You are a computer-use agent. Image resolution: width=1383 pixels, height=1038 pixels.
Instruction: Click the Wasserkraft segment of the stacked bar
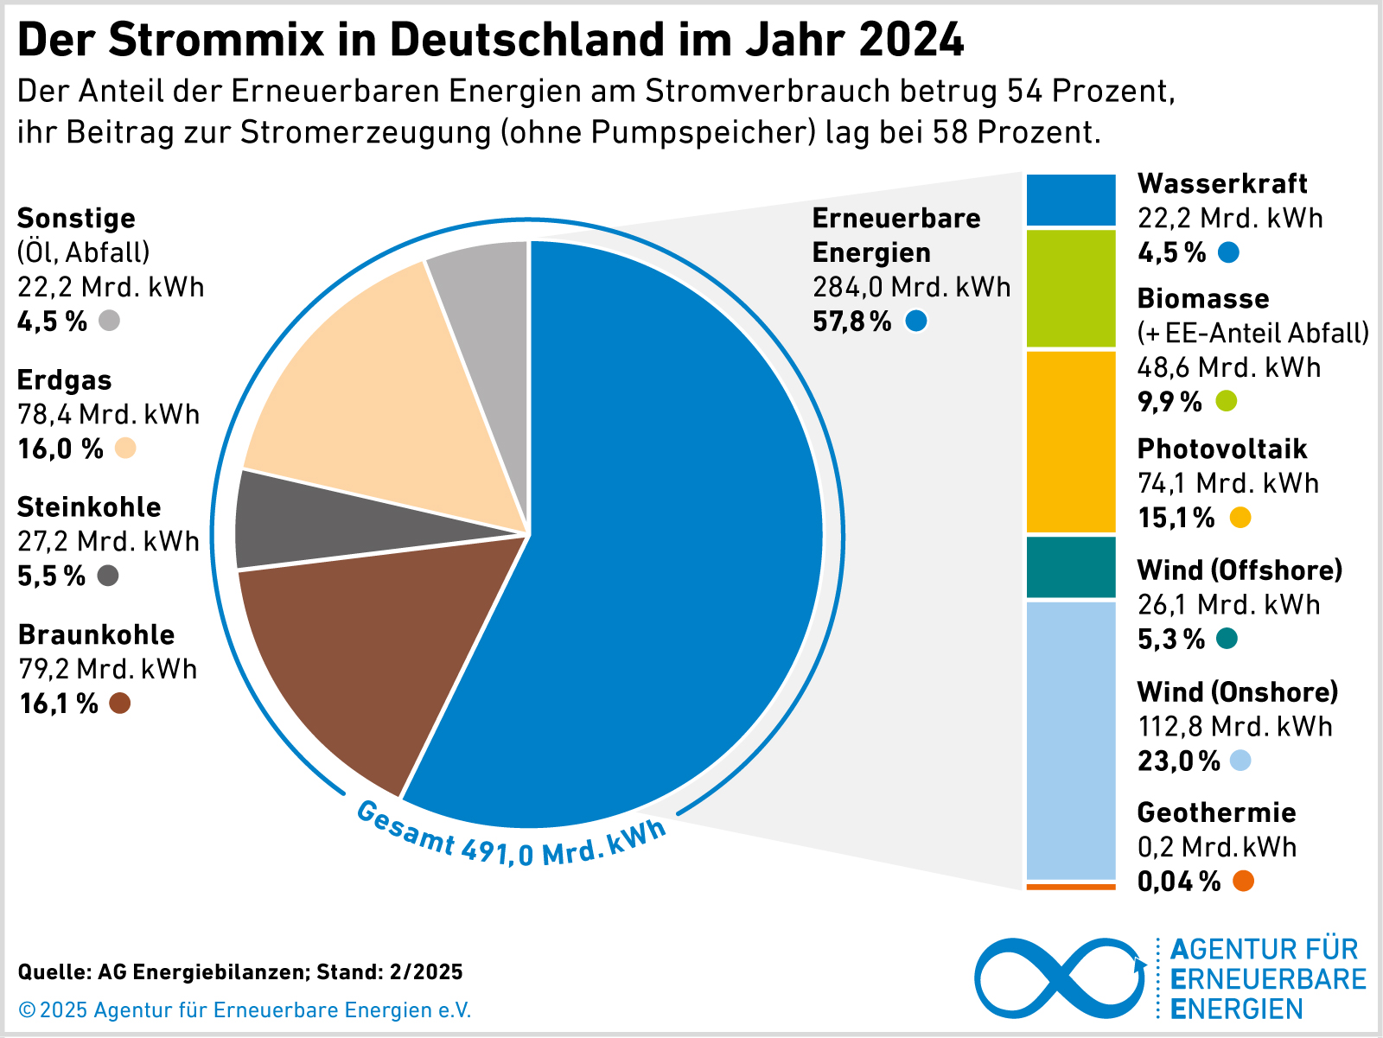coord(1071,200)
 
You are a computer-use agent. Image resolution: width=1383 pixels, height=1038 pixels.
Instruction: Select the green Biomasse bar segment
coord(1071,289)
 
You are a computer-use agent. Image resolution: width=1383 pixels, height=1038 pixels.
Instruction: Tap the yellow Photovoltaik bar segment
coord(1071,442)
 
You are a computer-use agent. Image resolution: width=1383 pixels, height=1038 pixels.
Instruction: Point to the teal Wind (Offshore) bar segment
coord(1071,567)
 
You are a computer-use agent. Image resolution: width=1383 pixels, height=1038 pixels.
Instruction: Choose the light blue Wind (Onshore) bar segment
coord(1071,740)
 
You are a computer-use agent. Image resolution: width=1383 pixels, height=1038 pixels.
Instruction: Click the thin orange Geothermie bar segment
coord(1071,887)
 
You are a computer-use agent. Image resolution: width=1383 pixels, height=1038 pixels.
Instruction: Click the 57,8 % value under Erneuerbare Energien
coord(852,322)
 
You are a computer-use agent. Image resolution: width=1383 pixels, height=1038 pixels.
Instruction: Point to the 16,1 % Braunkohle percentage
coord(59,704)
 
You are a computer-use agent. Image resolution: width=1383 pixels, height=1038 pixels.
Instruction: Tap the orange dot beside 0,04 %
coord(1243,882)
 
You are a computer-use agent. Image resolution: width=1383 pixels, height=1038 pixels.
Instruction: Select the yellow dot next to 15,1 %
coord(1240,518)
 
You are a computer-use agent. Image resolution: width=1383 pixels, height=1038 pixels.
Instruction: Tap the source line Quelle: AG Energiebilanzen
coord(240,971)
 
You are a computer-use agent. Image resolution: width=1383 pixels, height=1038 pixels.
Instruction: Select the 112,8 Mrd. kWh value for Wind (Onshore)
coord(1234,726)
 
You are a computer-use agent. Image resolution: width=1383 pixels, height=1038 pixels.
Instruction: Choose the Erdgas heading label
coord(65,380)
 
